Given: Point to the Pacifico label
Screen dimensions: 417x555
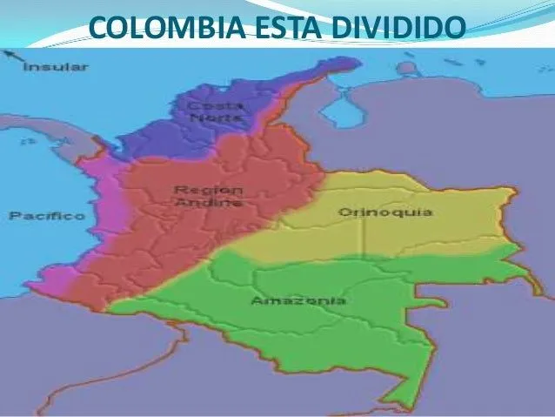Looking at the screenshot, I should point(47,215).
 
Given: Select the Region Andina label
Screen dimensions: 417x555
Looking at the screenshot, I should point(208,195).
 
